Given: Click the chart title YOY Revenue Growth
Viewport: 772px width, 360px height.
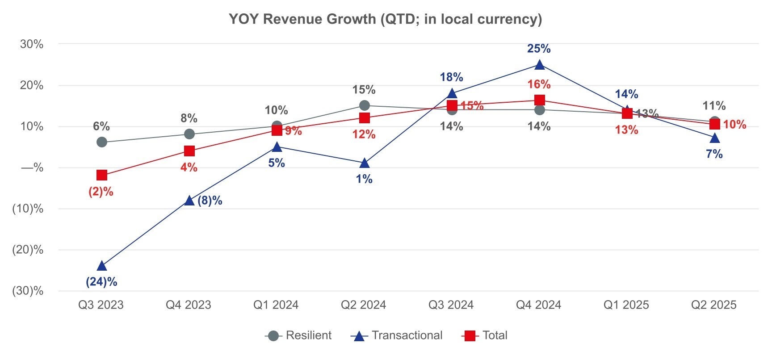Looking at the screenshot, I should coord(385,19).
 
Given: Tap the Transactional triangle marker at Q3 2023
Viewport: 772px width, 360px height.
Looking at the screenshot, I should coord(102,266).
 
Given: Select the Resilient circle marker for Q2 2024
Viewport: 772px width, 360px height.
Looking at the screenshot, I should coord(365,105).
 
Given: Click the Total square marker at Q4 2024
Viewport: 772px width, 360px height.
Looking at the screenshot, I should coord(540,100).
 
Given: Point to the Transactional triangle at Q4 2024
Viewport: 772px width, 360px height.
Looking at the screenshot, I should coord(540,65).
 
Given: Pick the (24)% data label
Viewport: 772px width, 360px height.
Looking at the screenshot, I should coord(101,282).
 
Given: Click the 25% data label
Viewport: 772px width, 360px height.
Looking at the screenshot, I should coord(539,49).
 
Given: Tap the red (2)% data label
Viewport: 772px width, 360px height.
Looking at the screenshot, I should coord(101,192).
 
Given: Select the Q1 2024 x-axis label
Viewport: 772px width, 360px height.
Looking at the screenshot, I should coord(276,305).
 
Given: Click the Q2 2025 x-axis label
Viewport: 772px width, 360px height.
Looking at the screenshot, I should coord(714,305).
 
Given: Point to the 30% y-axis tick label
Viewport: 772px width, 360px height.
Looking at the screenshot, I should coord(32,44).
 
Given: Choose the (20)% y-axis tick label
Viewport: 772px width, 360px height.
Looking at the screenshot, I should coord(28,250).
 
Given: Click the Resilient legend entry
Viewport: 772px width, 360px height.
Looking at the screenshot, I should coord(298,335).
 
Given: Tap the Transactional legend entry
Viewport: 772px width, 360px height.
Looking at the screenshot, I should coord(397,335).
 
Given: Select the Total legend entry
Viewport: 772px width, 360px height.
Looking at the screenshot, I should coord(484,335).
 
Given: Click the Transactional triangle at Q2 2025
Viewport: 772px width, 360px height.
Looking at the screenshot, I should coord(715,138).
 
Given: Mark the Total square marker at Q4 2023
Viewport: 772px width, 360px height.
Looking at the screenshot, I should coord(189,151).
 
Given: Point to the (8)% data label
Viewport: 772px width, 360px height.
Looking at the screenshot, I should coord(210,201).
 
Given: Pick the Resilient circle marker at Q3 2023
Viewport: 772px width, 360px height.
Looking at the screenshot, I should coord(102,142).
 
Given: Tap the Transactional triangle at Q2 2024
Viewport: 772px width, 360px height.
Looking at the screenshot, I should coord(365,163).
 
